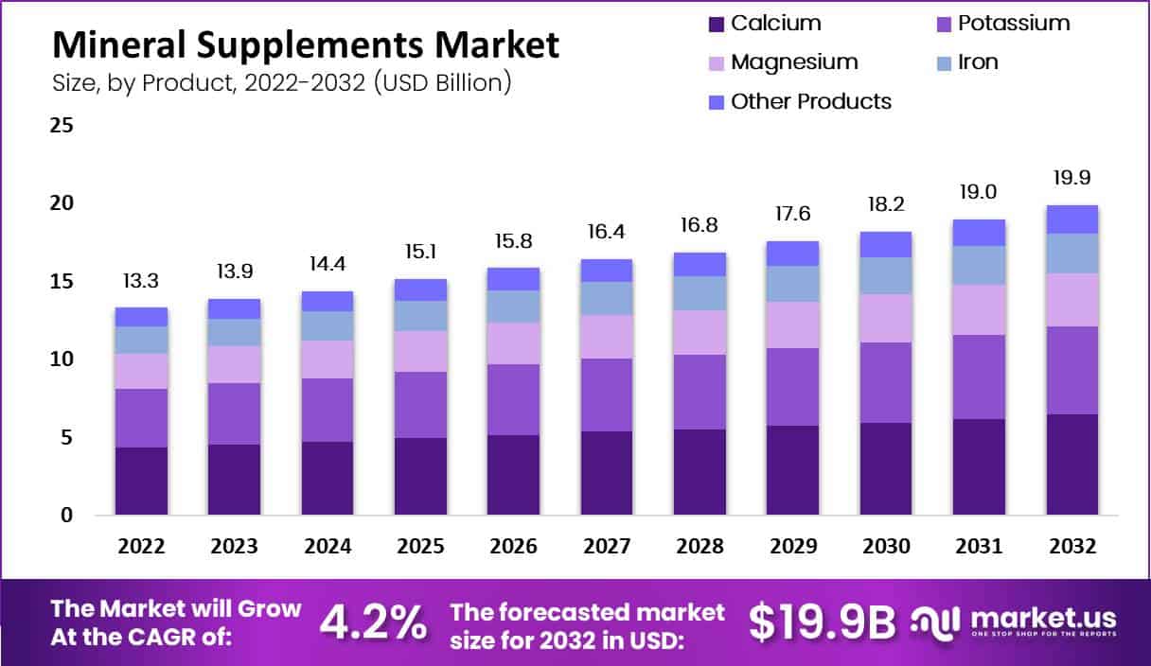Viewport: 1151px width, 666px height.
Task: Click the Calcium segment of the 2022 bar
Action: point(141,481)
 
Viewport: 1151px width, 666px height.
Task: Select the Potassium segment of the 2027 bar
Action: point(607,394)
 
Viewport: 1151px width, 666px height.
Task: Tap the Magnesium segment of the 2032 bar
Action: point(1072,300)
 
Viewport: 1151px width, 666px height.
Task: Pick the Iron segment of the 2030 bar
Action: point(886,275)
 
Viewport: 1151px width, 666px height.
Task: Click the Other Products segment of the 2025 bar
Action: point(420,289)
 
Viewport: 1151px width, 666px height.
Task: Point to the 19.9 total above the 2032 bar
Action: point(1072,178)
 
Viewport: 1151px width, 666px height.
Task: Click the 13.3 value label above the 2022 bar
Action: point(141,281)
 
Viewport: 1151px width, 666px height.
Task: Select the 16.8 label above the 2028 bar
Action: point(699,226)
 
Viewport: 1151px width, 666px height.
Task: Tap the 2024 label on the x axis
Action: point(328,547)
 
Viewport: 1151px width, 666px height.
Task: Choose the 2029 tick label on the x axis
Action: point(793,547)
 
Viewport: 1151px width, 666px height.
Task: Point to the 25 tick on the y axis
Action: point(62,125)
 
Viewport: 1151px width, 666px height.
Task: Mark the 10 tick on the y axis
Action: point(62,359)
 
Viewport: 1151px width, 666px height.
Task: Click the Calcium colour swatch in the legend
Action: point(715,24)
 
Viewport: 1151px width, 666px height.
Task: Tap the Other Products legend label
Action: point(811,101)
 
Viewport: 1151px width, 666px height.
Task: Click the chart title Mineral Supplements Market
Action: point(305,44)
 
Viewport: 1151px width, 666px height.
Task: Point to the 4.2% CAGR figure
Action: point(372,622)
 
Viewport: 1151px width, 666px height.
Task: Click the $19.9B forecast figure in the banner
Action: point(822,622)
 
